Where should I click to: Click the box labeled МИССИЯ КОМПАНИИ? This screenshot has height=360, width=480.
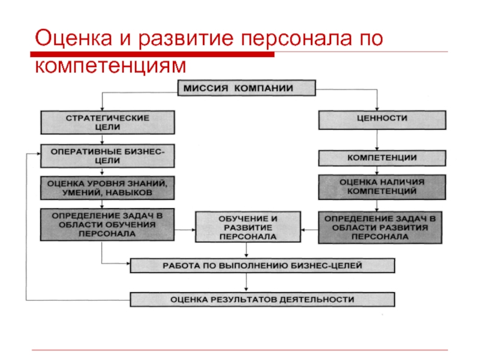point(247,88)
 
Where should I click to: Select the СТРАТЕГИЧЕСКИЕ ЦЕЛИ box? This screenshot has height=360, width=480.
point(108,122)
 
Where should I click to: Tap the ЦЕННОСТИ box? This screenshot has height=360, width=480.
point(382,120)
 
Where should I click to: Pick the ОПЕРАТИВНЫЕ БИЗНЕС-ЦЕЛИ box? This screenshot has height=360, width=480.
point(107,156)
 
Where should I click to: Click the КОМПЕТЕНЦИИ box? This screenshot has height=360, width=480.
point(382,158)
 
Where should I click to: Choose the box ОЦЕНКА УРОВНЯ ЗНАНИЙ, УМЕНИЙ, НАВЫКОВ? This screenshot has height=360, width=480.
point(107,188)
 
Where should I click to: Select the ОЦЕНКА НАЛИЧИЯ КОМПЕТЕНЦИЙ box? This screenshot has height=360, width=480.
point(382,187)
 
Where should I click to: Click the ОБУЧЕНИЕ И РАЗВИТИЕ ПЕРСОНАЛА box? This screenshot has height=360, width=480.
point(248,227)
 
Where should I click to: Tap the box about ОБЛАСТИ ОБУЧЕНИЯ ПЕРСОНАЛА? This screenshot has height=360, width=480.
point(107,224)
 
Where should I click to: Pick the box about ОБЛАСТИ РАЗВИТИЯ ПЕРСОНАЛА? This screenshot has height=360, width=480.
point(380,227)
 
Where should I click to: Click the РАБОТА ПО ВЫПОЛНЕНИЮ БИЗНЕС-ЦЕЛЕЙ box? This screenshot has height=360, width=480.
point(262,265)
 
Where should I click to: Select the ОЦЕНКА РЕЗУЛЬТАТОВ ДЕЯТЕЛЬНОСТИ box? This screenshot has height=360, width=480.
point(262,299)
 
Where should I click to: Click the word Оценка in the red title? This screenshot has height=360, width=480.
point(73,38)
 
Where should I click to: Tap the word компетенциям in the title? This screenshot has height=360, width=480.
point(110,65)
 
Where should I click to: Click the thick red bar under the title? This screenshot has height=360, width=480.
point(152,55)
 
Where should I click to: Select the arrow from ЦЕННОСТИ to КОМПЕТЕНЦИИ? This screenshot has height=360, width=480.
point(377,140)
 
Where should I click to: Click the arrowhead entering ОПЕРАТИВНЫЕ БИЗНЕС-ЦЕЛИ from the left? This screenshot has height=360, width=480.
point(39,154)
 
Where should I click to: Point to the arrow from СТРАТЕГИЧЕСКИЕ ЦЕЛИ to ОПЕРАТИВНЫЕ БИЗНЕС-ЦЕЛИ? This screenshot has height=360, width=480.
point(102,139)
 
